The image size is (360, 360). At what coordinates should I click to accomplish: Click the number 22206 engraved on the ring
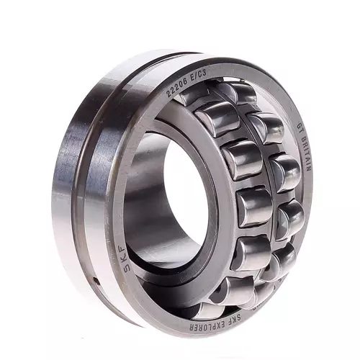click(x=177, y=85)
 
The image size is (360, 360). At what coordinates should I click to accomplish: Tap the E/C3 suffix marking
click(x=199, y=73)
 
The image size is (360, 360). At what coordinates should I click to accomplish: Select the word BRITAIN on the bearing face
click(x=305, y=153)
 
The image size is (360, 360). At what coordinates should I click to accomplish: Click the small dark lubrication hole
click(x=96, y=280)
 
